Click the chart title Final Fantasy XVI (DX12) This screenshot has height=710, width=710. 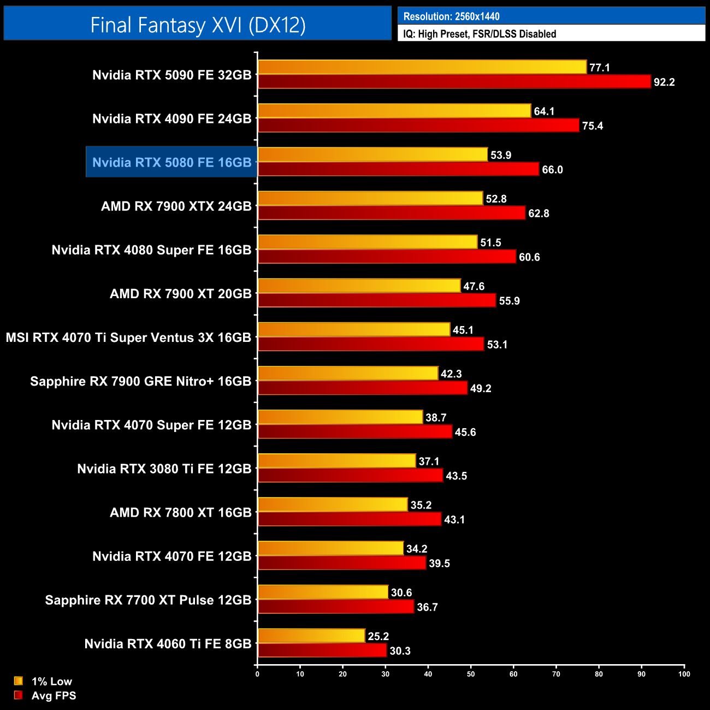click(x=198, y=25)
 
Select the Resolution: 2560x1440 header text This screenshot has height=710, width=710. click(x=451, y=16)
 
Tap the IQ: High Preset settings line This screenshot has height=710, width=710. click(x=480, y=34)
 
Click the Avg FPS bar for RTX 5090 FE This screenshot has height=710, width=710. click(x=454, y=82)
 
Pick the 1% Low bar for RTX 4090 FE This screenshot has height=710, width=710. click(x=394, y=111)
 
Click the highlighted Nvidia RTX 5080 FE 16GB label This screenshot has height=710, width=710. click(x=171, y=162)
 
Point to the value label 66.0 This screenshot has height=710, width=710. click(x=552, y=170)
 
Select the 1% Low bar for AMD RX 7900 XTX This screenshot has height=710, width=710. click(x=370, y=198)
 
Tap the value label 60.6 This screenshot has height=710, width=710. click(x=529, y=257)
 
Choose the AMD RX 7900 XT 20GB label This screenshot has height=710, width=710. click(x=181, y=294)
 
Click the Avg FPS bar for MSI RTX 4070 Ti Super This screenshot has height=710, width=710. click(x=371, y=344)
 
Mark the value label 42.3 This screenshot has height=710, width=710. click(x=451, y=374)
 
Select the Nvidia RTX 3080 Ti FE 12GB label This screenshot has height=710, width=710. click(x=164, y=469)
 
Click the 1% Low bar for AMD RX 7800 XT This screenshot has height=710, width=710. click(x=333, y=505)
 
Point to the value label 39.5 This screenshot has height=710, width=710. click(x=439, y=564)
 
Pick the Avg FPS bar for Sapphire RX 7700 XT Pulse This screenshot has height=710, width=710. click(x=336, y=607)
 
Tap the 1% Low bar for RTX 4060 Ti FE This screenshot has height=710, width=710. click(x=311, y=636)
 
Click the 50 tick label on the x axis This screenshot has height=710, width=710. click(x=471, y=674)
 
